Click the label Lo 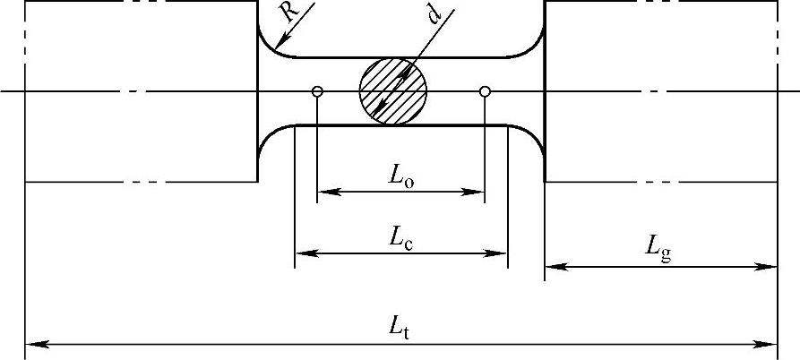400,177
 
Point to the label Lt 400,330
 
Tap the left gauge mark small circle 317,91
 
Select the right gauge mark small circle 485,91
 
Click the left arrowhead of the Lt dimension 32,343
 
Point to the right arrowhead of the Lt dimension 770,343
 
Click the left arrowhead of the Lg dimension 552,266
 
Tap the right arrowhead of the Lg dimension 770,266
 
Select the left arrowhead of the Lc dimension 303,253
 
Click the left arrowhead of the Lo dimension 325,191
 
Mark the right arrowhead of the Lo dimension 477,191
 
